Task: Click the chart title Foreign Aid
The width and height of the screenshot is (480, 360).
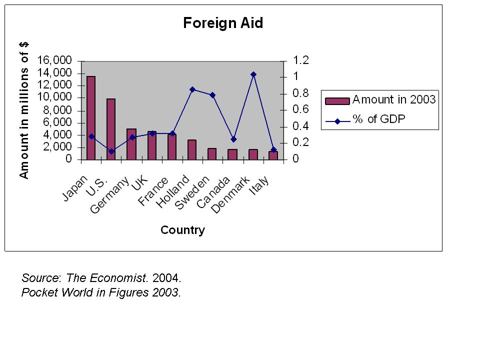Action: pos(222,23)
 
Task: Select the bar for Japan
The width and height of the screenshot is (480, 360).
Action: pos(91,118)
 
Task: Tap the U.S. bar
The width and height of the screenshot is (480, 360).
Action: pos(111,129)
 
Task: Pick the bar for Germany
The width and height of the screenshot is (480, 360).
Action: pos(131,144)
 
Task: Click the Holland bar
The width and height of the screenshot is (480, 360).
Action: pos(192,149)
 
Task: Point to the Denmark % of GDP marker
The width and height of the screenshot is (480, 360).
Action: pos(253,74)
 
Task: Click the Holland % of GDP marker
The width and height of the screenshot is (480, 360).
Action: pos(192,89)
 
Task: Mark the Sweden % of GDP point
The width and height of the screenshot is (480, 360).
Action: pos(212,95)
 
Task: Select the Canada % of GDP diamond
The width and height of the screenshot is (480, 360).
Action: pos(233,139)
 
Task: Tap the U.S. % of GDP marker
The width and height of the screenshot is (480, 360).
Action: pos(111,151)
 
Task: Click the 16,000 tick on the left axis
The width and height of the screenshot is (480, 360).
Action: pos(54,60)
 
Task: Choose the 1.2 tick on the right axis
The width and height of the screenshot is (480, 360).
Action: pos(301,60)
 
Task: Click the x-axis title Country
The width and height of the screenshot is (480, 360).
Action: pos(182,230)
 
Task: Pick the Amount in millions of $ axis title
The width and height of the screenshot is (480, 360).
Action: pos(24,110)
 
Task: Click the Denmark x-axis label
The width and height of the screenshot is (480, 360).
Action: pos(230,195)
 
